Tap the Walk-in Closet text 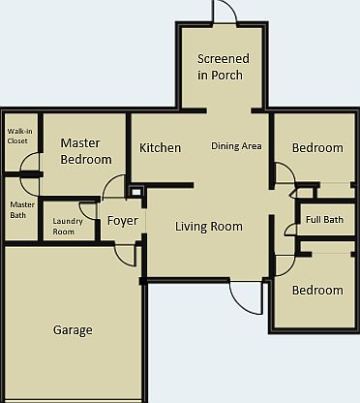(17, 135)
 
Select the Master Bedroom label (86, 151)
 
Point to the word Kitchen (160, 148)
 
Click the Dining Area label (237, 147)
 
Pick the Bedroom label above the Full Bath (317, 148)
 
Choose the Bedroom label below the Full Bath (317, 290)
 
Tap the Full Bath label (324, 220)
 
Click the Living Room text (208, 227)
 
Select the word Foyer (123, 221)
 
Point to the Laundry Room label (64, 226)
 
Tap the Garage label (73, 330)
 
